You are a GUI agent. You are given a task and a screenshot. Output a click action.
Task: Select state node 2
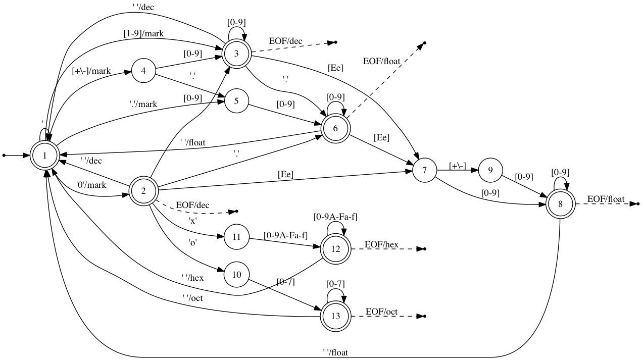pyautogui.click(x=143, y=190)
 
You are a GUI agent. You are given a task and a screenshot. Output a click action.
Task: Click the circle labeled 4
pyautogui.click(x=144, y=71)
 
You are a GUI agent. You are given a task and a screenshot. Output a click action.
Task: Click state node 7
pyautogui.click(x=425, y=171)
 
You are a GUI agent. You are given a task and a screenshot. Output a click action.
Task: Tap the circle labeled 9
pyautogui.click(x=490, y=171)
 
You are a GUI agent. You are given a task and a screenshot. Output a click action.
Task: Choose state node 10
pyautogui.click(x=236, y=274)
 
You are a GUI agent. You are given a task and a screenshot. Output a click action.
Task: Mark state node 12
pyautogui.click(x=335, y=249)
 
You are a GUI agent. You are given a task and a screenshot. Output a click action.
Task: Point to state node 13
pyautogui.click(x=335, y=316)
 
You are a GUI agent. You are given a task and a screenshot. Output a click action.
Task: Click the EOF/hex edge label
pyautogui.click(x=382, y=245)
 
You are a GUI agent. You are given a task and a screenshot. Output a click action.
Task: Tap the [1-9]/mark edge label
pyautogui.click(x=143, y=33)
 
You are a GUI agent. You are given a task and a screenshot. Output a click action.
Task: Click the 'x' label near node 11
pyautogui.click(x=192, y=221)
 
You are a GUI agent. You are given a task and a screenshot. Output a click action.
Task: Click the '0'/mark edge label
pyautogui.click(x=91, y=185)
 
